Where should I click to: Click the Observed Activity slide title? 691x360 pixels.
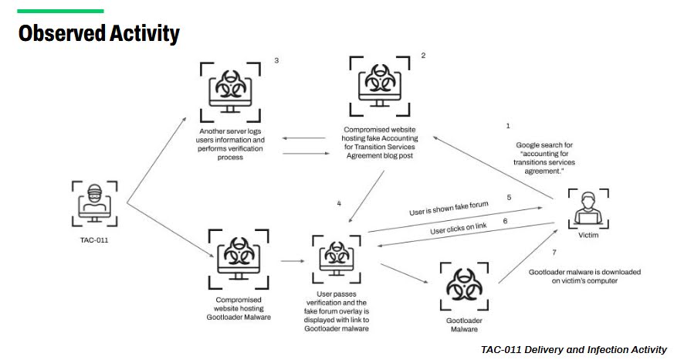point(99,33)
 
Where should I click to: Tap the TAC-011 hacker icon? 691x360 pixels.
point(95,203)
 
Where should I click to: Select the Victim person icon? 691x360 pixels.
point(588,209)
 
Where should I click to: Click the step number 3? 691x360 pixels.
point(276,60)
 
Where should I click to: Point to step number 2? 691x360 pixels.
point(424,55)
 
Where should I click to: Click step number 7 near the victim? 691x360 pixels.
point(554,253)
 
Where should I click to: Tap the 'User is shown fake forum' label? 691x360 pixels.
point(449,209)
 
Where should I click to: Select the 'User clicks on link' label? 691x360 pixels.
point(459,228)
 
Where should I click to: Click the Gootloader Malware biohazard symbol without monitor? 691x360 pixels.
point(464,287)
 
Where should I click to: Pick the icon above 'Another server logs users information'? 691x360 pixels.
point(230,92)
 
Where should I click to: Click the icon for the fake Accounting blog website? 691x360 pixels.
point(379,87)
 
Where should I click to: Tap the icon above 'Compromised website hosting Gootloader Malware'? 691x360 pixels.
point(239,259)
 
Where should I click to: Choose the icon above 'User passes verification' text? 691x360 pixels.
point(337,259)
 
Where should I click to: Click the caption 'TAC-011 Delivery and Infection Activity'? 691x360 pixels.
point(574,350)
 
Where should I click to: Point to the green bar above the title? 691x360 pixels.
point(61,11)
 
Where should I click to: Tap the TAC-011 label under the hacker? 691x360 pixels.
point(94,240)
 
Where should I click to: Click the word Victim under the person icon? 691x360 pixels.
point(588,235)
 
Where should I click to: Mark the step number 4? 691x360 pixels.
point(339,203)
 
